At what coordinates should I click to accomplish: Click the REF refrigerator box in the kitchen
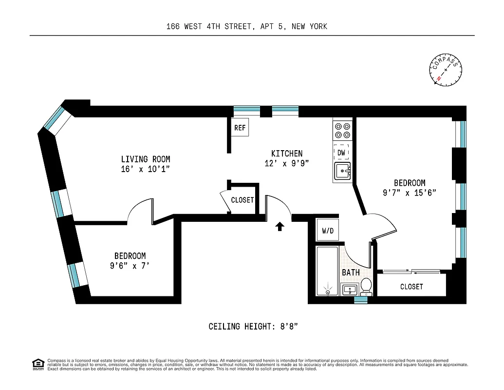[x=240, y=128]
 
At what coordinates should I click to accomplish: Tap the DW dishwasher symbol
[x=342, y=153]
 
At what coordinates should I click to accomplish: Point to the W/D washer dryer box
[x=328, y=230]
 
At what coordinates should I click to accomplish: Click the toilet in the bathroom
[x=366, y=287]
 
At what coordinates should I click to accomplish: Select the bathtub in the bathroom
[x=327, y=271]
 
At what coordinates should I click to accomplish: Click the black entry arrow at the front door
[x=280, y=226]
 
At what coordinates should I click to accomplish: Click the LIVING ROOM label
[x=146, y=159]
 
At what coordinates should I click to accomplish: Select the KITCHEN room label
[x=287, y=153]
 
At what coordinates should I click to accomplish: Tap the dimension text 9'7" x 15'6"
[x=409, y=193]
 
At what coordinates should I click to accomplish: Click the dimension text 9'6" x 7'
[x=130, y=266]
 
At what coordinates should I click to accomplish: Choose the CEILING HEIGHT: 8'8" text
[x=253, y=326]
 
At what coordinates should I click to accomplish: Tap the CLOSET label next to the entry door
[x=243, y=200]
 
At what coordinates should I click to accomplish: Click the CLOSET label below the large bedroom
[x=411, y=287]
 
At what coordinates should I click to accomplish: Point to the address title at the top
[x=246, y=26]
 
